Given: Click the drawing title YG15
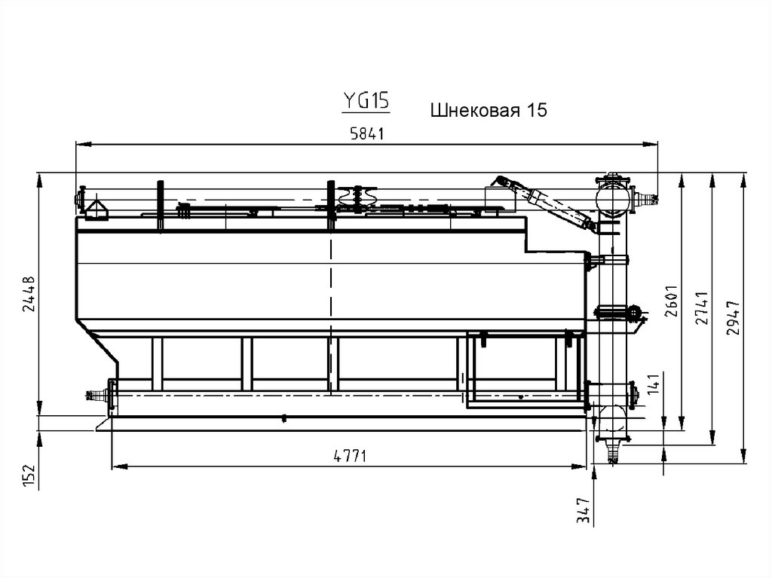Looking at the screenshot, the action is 366,101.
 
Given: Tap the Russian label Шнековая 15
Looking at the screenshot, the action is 489,110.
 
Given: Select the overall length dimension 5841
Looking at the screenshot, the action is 367,133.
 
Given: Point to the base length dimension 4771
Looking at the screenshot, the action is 351,457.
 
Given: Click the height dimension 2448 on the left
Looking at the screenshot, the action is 29,294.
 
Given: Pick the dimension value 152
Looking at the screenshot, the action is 29,476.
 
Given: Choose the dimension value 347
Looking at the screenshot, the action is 584,510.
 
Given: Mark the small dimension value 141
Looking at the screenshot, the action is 654,384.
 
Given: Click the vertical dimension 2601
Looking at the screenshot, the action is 672,301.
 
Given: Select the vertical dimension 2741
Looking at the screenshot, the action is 702,308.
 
